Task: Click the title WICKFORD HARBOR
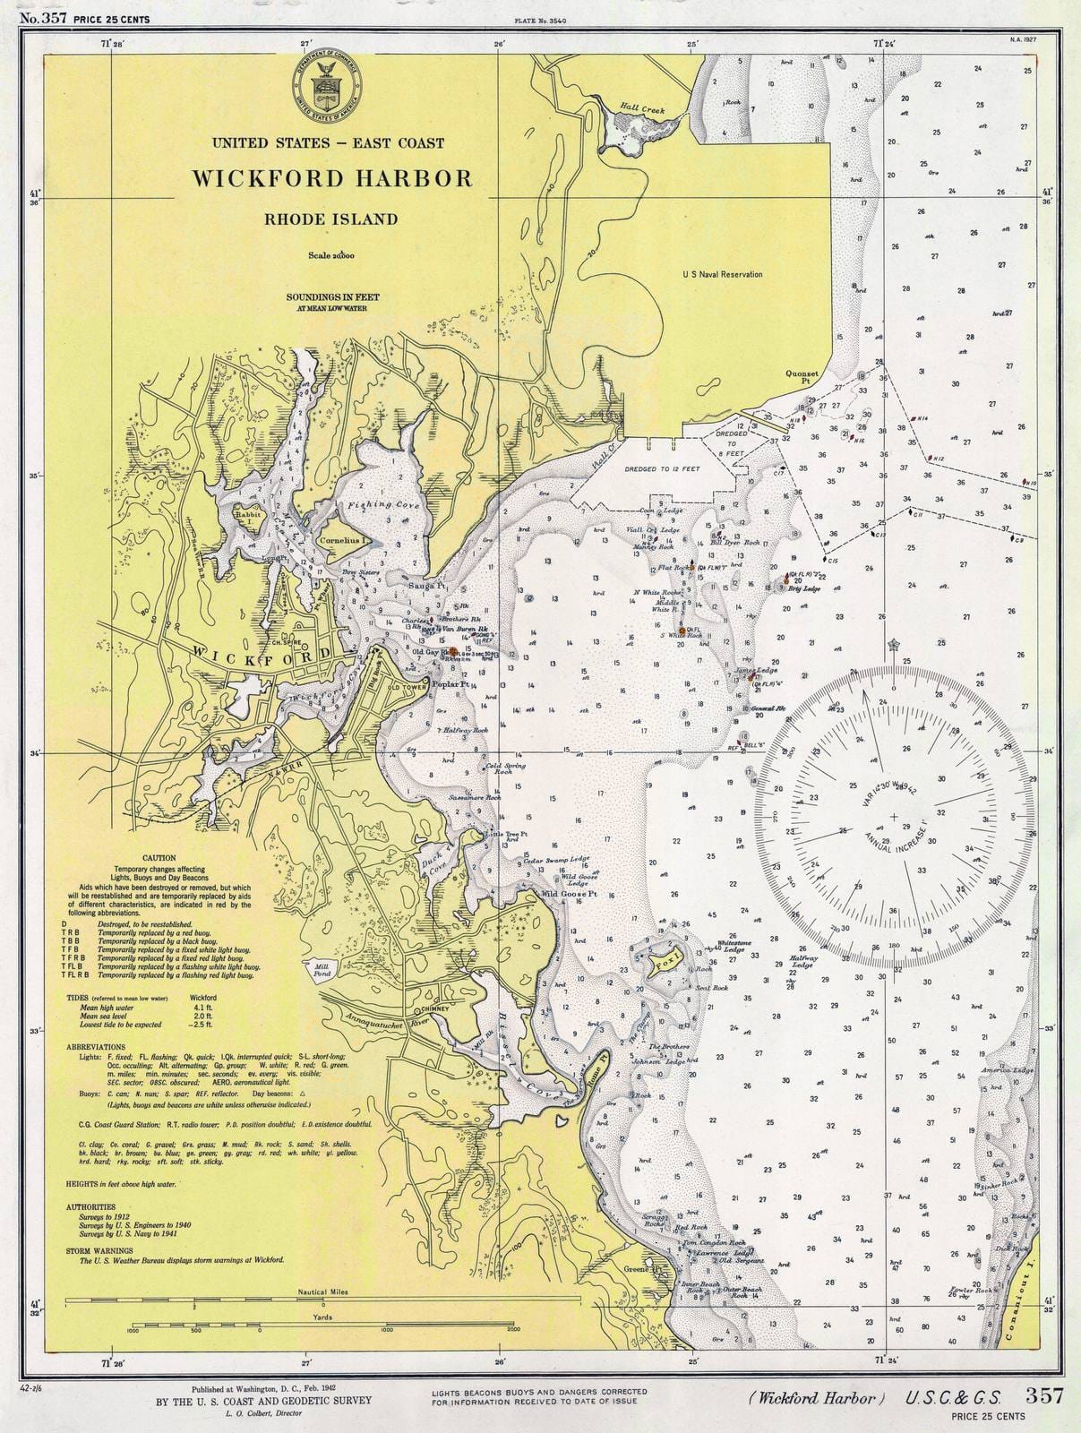[x=331, y=177]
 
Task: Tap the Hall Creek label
[x=643, y=110]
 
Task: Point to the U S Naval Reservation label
[x=722, y=274]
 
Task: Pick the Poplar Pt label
[x=450, y=684]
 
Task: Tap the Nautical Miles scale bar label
[x=323, y=1293]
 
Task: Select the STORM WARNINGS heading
[x=99, y=1250]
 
